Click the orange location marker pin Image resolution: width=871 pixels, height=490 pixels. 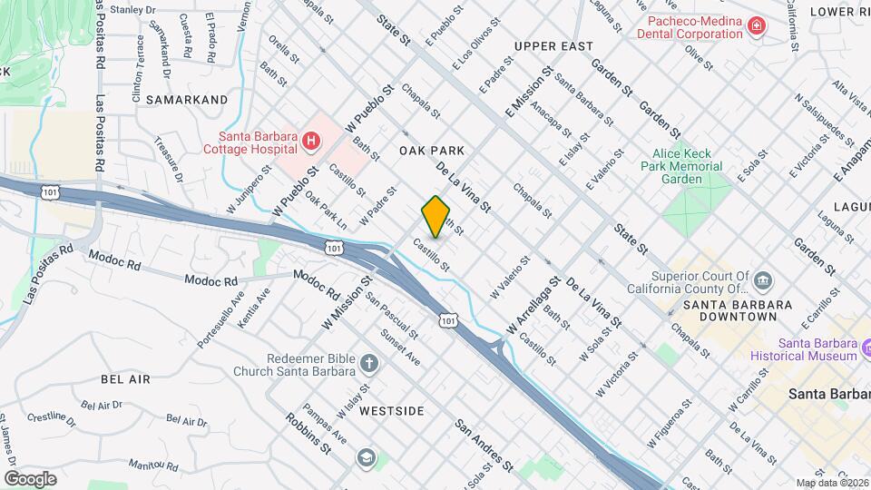pyautogui.click(x=435, y=216)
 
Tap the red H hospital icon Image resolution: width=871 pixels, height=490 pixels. pyautogui.click(x=311, y=141)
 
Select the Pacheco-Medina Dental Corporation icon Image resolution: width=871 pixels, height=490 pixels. pyautogui.click(x=755, y=27)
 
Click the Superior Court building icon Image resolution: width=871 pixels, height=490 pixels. pyautogui.click(x=763, y=279)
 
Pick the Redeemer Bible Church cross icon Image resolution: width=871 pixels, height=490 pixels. pyautogui.click(x=368, y=364)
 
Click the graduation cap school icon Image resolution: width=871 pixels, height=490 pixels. pyautogui.click(x=365, y=457)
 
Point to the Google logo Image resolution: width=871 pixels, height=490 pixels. pyautogui.click(x=30, y=478)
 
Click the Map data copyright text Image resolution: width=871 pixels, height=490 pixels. pyautogui.click(x=832, y=483)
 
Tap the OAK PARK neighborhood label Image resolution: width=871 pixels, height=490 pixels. pyautogui.click(x=432, y=151)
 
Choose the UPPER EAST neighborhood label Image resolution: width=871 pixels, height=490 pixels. pyautogui.click(x=553, y=46)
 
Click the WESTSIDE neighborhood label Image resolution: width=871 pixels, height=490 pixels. pyautogui.click(x=391, y=411)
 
